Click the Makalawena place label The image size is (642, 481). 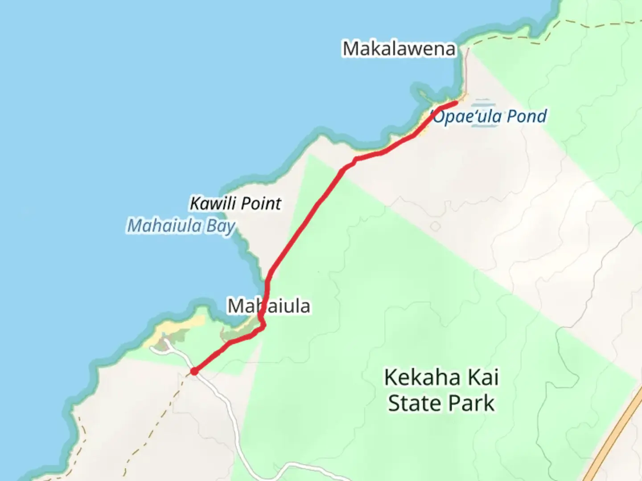point(399,49)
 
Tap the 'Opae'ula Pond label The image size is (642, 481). point(489,117)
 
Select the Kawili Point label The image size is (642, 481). point(235,204)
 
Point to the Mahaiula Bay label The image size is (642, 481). point(181,226)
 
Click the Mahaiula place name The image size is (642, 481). point(269,306)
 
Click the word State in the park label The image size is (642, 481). point(415,404)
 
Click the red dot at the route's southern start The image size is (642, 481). point(194,371)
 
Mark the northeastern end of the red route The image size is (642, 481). point(455,103)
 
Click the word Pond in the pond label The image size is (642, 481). point(527,117)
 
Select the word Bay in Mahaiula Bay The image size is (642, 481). point(221,226)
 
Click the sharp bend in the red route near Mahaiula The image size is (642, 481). point(263,326)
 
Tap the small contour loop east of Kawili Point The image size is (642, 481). point(436,226)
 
